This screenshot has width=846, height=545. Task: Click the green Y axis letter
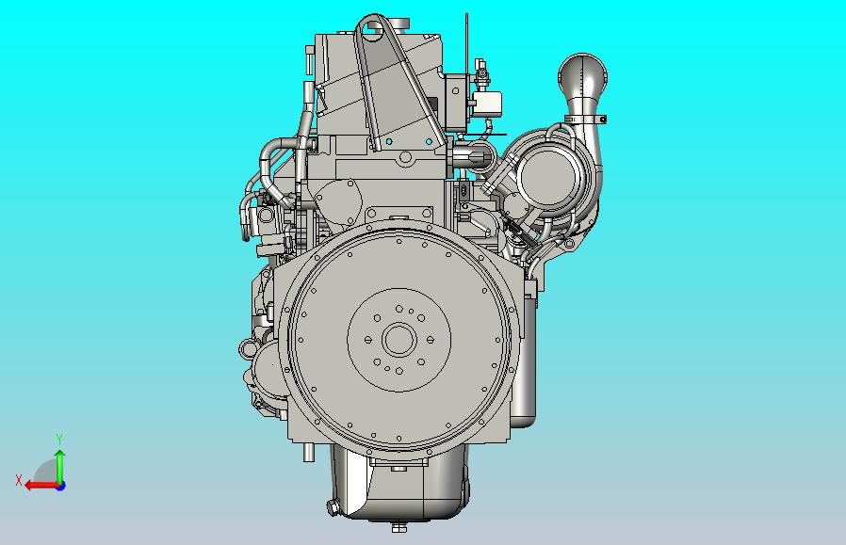point(60,440)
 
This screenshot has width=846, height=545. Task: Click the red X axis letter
point(19,480)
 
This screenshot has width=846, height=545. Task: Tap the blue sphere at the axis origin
point(60,486)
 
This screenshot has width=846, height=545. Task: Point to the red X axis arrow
point(41,486)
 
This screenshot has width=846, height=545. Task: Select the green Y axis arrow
point(60,466)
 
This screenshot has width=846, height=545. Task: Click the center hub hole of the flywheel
point(399,340)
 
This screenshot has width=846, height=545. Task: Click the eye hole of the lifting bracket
point(373,26)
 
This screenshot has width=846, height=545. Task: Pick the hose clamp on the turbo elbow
point(585,120)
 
